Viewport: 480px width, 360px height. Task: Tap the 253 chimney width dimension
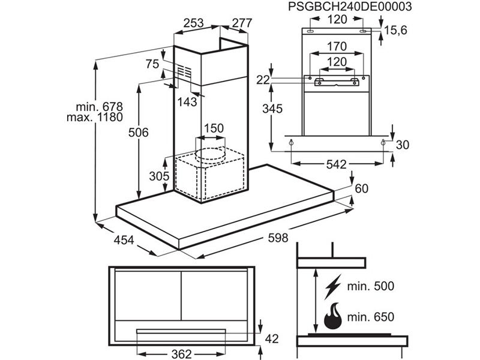tap(193, 23)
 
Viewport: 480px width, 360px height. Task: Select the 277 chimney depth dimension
tap(241, 23)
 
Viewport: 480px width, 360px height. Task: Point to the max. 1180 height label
tap(91, 118)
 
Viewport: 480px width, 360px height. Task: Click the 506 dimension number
tap(137, 133)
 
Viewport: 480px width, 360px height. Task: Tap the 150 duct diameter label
tap(213, 128)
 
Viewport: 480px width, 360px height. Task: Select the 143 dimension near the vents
tap(187, 102)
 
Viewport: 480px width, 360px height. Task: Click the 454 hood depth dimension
tap(123, 241)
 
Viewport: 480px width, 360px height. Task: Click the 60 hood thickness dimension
tap(361, 189)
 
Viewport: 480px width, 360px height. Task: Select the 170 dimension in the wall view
tap(337, 46)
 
